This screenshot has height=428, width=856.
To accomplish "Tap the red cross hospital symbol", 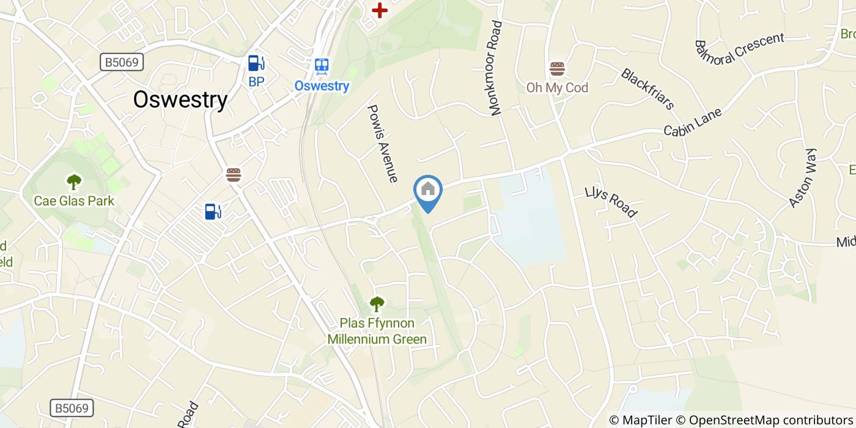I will pyautogui.click(x=380, y=10).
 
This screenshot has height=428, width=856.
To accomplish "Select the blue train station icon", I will pyautogui.click(x=322, y=65).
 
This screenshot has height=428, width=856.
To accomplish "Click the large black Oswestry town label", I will pyautogui.click(x=180, y=100).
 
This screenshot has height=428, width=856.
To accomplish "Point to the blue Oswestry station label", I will pyautogui.click(x=322, y=86).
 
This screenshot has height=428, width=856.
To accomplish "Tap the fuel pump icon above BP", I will pyautogui.click(x=256, y=62).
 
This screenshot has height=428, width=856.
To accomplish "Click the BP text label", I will pyautogui.click(x=256, y=81).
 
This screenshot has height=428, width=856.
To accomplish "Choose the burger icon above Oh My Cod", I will pyautogui.click(x=557, y=68).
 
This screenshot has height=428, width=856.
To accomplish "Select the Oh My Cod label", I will pyautogui.click(x=557, y=88).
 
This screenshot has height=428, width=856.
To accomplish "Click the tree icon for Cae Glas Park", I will pyautogui.click(x=74, y=181).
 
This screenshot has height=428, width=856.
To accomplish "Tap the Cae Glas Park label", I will pyautogui.click(x=74, y=201).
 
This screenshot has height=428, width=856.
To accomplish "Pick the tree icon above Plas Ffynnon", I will pyautogui.click(x=377, y=303).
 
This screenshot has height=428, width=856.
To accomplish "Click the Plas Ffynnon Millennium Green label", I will pyautogui.click(x=377, y=331).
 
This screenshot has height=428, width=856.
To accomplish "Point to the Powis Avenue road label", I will pyautogui.click(x=383, y=144).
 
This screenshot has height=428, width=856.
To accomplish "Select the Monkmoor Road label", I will pyautogui.click(x=496, y=68).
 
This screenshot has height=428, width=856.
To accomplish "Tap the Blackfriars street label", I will pyautogui.click(x=647, y=89).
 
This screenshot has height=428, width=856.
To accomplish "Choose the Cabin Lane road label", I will pyautogui.click(x=693, y=122).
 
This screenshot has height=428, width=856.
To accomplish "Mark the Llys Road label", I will pyautogui.click(x=611, y=201).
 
